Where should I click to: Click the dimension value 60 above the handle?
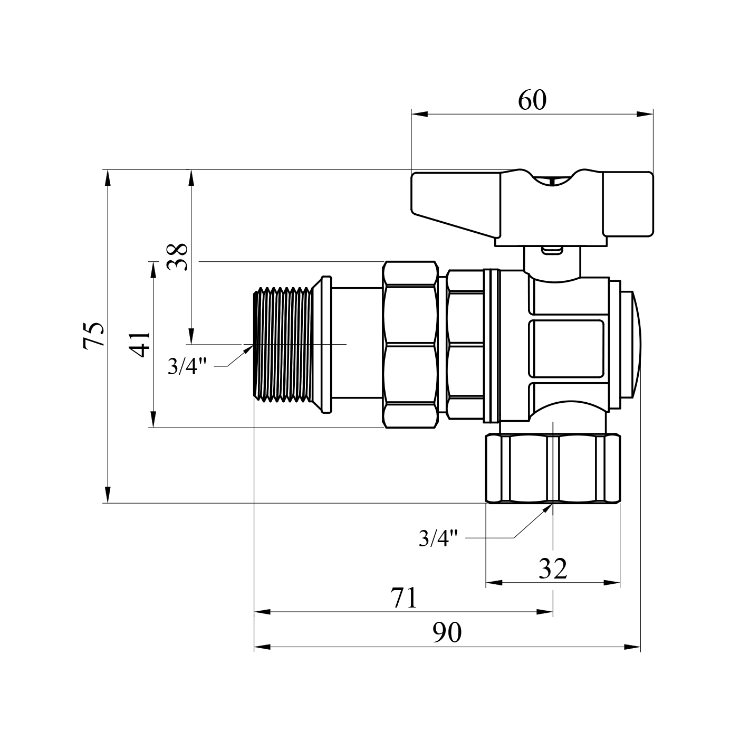point(532,100)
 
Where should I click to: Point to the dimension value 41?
point(140,344)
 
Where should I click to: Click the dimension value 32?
point(553,568)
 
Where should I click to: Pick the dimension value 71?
point(404,598)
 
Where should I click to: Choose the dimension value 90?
point(447,632)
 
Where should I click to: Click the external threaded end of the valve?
point(283,344)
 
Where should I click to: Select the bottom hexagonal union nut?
point(553,469)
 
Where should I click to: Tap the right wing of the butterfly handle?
point(628,203)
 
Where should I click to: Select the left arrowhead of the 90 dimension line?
point(262,647)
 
